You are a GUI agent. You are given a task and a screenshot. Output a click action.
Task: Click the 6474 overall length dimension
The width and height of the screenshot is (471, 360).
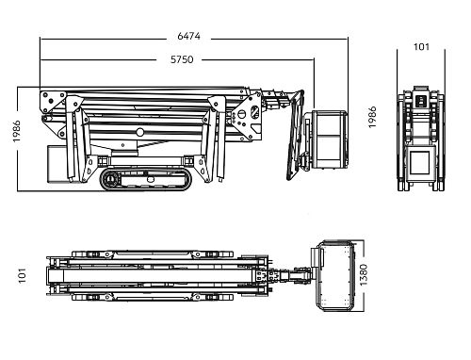point(188,36)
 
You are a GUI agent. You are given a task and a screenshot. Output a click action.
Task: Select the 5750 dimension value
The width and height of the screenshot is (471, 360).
point(182,59)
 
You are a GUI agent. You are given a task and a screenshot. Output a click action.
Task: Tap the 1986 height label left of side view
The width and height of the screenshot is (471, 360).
point(16,131)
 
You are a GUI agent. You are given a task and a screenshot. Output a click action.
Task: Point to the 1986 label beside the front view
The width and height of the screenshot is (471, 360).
point(372,117)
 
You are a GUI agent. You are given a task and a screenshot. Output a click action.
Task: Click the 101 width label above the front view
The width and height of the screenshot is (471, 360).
point(421,47)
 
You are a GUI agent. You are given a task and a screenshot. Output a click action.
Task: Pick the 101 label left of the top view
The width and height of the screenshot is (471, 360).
point(22,275)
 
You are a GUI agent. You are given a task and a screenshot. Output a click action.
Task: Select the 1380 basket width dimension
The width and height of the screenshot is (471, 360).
point(363,275)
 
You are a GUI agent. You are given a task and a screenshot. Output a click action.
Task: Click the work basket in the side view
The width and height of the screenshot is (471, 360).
point(329,139)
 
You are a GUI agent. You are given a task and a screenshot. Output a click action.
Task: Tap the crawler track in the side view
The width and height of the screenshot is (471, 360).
point(146,179)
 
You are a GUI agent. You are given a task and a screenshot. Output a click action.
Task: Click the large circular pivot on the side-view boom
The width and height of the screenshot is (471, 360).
point(140,132)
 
